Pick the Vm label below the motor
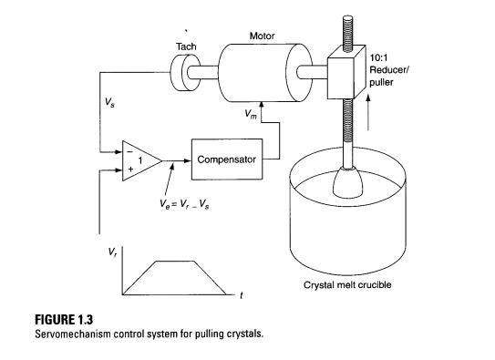click(x=252, y=115)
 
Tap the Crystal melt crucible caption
click(x=352, y=284)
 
